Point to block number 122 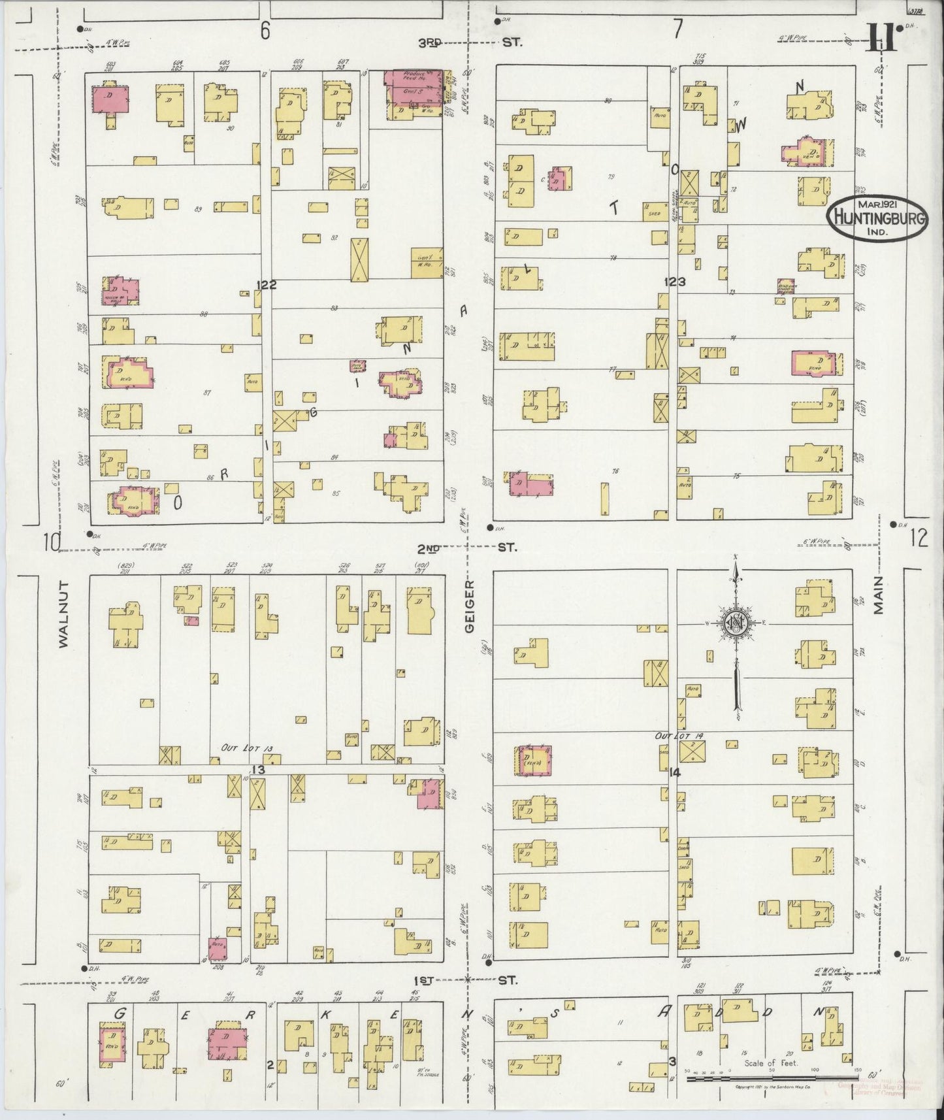coord(267,284)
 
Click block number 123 coord(675,282)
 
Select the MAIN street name coord(879,595)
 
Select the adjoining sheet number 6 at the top coord(265,31)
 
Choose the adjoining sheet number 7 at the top coord(677,29)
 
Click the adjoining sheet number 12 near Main coord(918,538)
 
